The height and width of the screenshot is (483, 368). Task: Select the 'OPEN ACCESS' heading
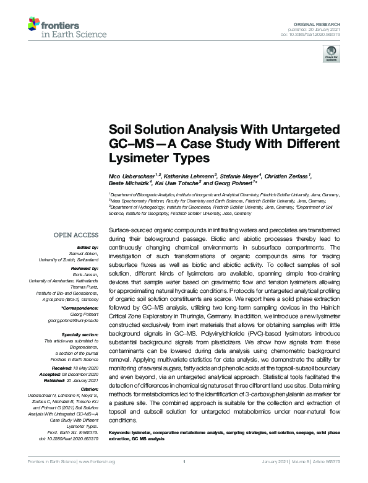76,236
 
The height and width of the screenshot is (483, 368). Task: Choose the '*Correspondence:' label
80,308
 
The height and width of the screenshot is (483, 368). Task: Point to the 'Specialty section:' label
80,334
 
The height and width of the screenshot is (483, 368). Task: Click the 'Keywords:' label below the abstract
122,432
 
